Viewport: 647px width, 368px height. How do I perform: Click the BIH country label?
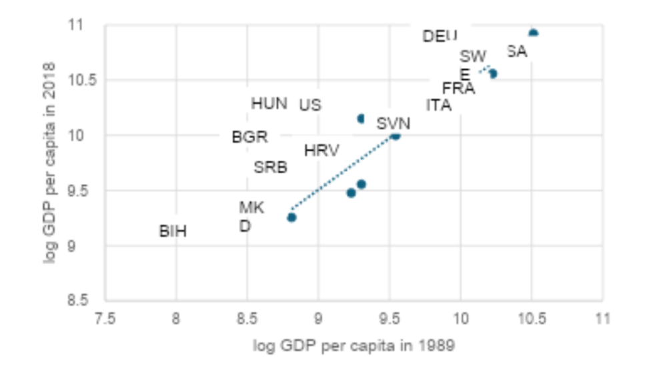click(x=173, y=232)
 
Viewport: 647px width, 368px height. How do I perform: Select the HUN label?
click(x=269, y=104)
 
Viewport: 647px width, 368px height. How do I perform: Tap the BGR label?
click(x=249, y=137)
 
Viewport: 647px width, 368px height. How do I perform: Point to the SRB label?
click(x=270, y=168)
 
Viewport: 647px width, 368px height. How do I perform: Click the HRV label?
click(x=321, y=151)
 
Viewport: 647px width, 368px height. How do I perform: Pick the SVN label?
click(x=393, y=123)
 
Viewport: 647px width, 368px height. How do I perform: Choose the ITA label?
click(x=438, y=105)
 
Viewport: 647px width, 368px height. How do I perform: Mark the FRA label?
click(x=458, y=89)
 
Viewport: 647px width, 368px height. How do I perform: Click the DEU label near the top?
click(x=440, y=36)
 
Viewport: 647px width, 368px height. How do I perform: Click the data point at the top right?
click(x=533, y=33)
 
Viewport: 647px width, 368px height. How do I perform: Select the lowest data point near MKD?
click(x=291, y=217)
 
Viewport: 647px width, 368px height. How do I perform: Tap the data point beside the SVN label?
click(x=396, y=135)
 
